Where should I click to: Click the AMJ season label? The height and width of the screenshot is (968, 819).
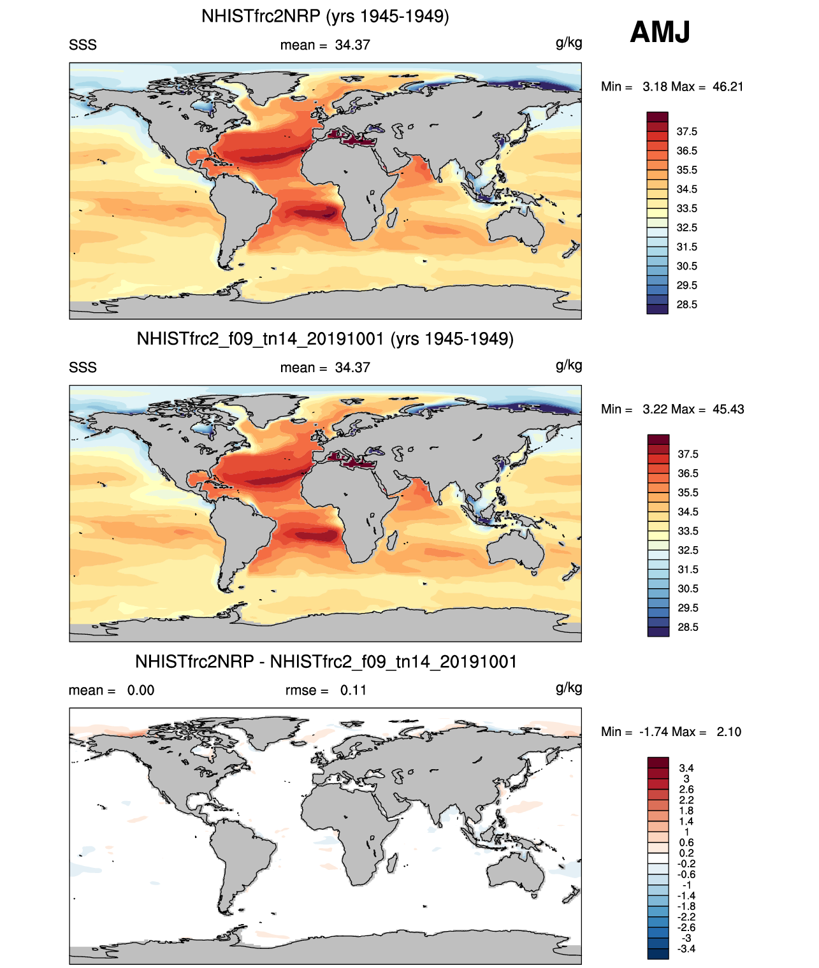(660, 32)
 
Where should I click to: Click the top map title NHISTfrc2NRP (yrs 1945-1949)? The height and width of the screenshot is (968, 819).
(325, 16)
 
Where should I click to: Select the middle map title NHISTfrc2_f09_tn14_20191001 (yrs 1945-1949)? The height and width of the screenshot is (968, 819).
(325, 338)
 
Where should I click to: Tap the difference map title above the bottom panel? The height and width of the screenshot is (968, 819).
(326, 661)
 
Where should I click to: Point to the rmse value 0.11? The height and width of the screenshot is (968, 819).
(353, 690)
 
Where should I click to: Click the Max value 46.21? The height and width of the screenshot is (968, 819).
(728, 87)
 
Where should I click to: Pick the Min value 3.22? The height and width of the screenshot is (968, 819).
(656, 409)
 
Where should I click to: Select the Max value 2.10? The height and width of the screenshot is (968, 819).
(728, 732)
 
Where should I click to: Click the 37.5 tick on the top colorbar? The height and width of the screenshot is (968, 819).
(686, 132)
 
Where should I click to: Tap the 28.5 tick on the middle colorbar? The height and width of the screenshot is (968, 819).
(688, 627)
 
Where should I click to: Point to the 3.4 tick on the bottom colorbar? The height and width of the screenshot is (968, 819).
(686, 768)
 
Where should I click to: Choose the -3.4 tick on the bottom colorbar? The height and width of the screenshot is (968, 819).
(686, 948)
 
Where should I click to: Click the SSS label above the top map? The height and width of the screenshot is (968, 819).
(83, 45)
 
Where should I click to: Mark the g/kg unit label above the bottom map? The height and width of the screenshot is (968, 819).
(569, 688)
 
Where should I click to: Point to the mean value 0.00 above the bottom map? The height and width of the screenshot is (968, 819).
(141, 690)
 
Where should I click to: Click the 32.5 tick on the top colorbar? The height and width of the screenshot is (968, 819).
(686, 228)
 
